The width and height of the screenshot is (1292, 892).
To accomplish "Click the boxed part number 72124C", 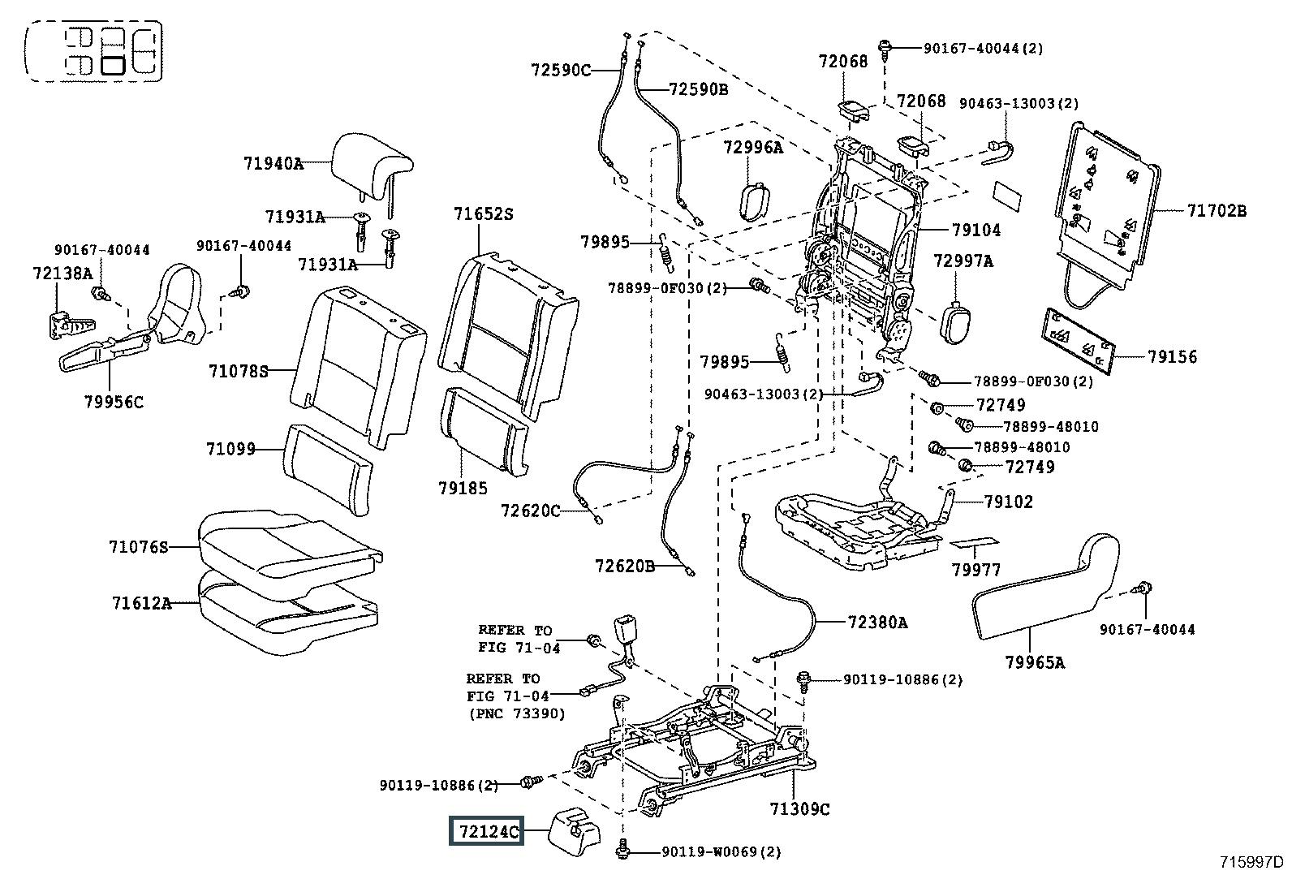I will point(488,832).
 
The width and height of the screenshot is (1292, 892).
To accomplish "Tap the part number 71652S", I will point(484,214).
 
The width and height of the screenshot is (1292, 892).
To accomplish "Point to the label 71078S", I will point(238,371).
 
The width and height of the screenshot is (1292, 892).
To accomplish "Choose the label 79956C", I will point(114,401).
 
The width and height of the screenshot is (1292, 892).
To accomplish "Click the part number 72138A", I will point(63,274).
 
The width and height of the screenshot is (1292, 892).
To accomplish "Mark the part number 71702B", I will point(1217,211).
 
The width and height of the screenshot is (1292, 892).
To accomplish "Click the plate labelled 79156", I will point(1075,334).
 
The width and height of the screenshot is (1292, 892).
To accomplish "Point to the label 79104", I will point(976,231).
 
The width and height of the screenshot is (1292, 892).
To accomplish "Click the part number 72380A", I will point(877,623).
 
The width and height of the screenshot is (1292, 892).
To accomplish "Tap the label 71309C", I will point(800,808).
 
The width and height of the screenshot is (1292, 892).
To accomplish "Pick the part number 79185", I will point(463,488).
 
